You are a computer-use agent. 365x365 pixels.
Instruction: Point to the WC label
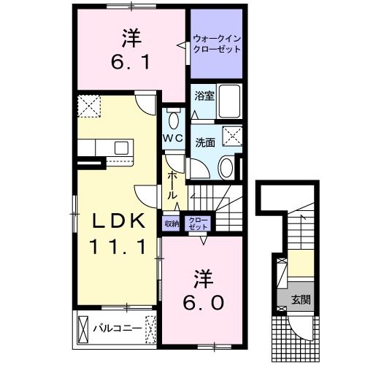click(x=172, y=139)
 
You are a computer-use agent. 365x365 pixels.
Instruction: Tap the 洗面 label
click(x=204, y=143)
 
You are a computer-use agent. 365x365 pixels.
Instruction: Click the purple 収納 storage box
click(x=171, y=224)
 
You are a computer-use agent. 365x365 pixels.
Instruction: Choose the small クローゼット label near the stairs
click(x=197, y=223)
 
